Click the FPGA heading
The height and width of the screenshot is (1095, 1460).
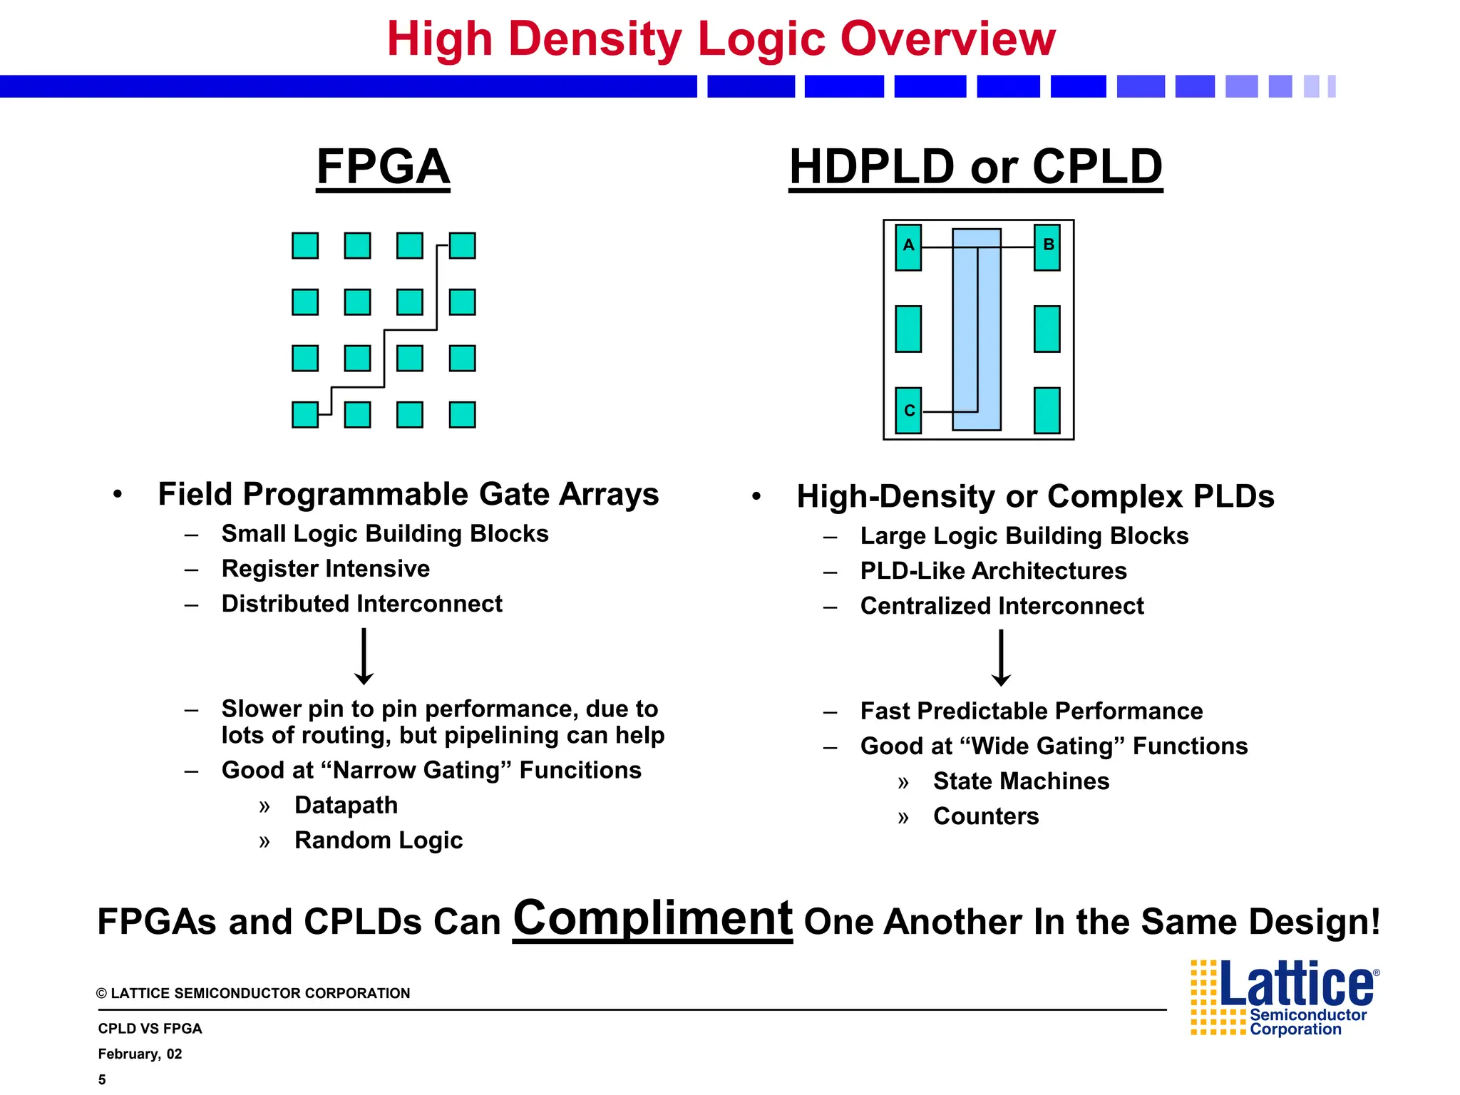[383, 167]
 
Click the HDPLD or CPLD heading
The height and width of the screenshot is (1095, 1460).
[975, 167]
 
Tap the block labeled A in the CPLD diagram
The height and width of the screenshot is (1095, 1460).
[908, 247]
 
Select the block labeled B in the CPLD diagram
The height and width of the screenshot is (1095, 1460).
[1047, 247]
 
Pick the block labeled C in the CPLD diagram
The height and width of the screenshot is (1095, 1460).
[908, 411]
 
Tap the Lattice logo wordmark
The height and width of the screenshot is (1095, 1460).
[1297, 985]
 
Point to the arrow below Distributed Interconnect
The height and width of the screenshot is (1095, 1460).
[364, 657]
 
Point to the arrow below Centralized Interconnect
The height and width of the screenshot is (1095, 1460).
[1001, 658]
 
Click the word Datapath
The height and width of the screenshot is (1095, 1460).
[346, 806]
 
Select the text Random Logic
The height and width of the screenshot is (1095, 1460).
[378, 840]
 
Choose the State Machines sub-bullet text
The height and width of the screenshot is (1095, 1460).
[1020, 781]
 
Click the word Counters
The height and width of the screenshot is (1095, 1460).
[985, 816]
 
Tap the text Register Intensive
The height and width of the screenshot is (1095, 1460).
[325, 569]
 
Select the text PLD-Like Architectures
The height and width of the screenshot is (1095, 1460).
[993, 571]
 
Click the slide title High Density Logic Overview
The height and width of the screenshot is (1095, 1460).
[721, 38]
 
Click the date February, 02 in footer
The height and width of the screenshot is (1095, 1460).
[140, 1054]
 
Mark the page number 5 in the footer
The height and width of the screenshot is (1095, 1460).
[102, 1080]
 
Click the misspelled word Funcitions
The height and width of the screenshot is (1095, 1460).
[580, 771]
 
